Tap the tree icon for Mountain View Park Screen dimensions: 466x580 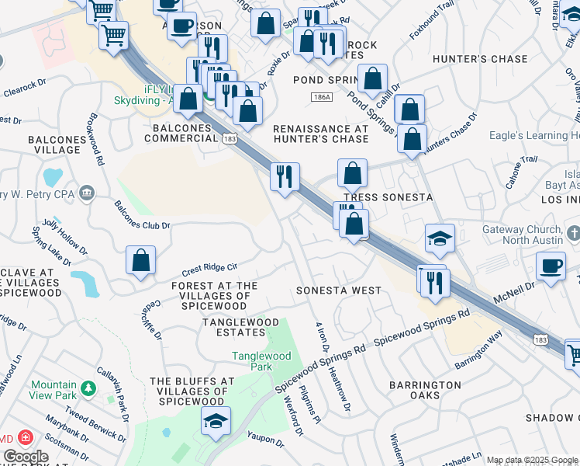coord(88,386)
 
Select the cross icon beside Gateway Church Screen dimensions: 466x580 coord(573,232)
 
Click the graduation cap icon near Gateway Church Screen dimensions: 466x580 coord(440,239)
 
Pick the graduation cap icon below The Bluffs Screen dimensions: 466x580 coord(216,423)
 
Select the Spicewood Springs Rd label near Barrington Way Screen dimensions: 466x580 coord(422,329)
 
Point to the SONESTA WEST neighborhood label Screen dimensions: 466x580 coord(339,290)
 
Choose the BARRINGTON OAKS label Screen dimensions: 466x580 coord(425,390)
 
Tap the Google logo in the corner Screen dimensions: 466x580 coord(26,456)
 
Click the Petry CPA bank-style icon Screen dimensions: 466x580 coord(86,192)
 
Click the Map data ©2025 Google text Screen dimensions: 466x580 coord(532,460)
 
